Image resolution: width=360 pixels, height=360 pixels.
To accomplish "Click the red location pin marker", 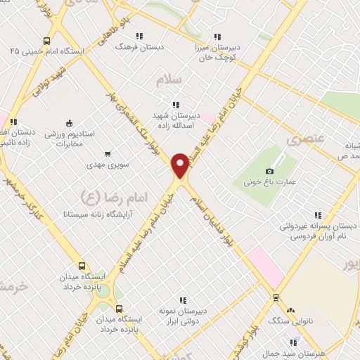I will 180,165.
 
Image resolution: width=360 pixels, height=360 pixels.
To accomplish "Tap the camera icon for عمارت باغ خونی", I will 269,171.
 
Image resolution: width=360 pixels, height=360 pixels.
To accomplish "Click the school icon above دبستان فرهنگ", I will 139,36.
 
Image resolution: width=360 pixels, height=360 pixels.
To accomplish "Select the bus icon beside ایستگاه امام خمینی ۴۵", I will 46,41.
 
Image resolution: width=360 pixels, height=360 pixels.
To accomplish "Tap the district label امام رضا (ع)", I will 102,195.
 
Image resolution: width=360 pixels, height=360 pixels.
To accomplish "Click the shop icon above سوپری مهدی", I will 107,153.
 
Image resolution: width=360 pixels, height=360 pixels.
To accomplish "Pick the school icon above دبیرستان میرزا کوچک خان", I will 217,36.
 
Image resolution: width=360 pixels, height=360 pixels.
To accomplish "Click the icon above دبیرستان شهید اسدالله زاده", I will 175,105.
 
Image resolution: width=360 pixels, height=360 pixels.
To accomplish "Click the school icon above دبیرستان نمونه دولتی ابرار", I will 183,300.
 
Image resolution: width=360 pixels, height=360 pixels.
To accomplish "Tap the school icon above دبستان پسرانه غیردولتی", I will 318,215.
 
